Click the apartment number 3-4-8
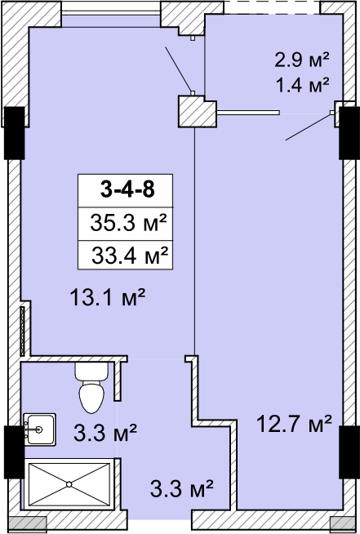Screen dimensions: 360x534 [x=127, y=189]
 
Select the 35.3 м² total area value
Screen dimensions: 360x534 [x=128, y=223]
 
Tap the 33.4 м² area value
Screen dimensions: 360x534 [x=130, y=256]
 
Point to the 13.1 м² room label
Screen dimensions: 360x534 [x=108, y=296]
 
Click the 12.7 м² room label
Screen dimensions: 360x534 [x=294, y=424]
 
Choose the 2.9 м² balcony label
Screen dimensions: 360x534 [x=302, y=60]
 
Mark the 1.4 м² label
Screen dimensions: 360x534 [x=302, y=84]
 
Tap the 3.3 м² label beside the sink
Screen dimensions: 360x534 [x=105, y=432]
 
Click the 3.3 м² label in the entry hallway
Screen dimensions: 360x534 [x=181, y=487]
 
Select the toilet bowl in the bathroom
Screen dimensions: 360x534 [x=91, y=397]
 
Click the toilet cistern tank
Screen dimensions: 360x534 [x=91, y=372]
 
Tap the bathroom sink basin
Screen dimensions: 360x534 [x=39, y=429]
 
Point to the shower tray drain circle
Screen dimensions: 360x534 [x=69, y=484]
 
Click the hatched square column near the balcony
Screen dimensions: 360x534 [x=198, y=112]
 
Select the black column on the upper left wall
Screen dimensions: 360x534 [x=15, y=133]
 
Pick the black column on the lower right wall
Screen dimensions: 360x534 [x=349, y=452]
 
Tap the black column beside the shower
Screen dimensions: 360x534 [x=15, y=452]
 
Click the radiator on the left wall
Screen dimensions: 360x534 [x=23, y=332]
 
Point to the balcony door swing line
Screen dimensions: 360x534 [x=308, y=127]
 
